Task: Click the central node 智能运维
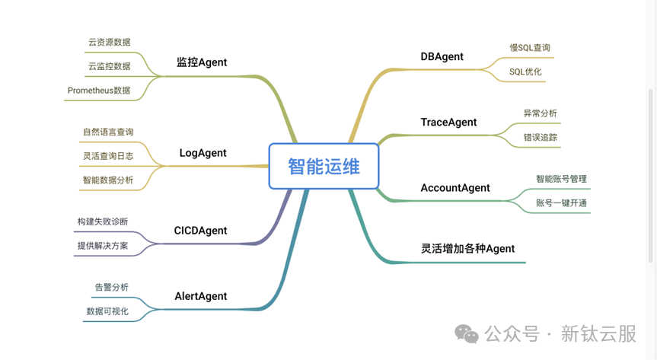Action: pyautogui.click(x=324, y=167)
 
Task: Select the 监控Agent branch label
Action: pyautogui.click(x=202, y=62)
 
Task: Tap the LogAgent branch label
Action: pyautogui.click(x=203, y=153)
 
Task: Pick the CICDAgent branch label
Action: pyautogui.click(x=200, y=231)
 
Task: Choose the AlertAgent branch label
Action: pyautogui.click(x=201, y=296)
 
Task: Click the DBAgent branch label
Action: pyautogui.click(x=442, y=56)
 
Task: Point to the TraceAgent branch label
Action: pyautogui.click(x=448, y=123)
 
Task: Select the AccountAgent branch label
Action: pyautogui.click(x=455, y=188)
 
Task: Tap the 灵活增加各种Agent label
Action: pyautogui.click(x=467, y=249)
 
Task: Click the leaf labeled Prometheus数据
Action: pyautogui.click(x=99, y=91)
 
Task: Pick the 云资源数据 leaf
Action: pyautogui.click(x=110, y=43)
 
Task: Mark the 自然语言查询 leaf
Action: pyautogui.click(x=108, y=132)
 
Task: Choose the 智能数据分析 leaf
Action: pyautogui.click(x=108, y=180)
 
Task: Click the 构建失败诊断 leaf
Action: pyautogui.click(x=103, y=221)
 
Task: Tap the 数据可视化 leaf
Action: pyautogui.click(x=107, y=311)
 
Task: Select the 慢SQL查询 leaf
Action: pyautogui.click(x=530, y=48)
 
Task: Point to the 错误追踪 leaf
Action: pyautogui.click(x=540, y=138)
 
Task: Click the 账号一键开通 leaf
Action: pyautogui.click(x=561, y=203)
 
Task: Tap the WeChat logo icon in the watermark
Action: pyautogui.click(x=467, y=334)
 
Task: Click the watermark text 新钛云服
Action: pyautogui.click(x=598, y=334)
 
